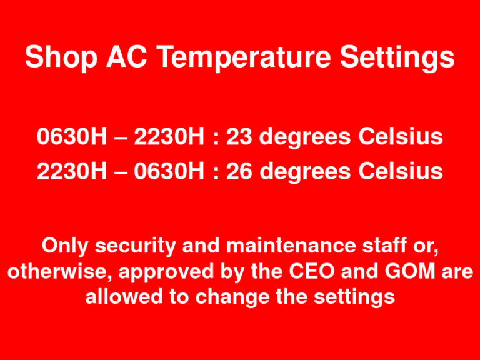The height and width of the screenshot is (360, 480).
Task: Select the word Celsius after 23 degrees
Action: click(x=401, y=137)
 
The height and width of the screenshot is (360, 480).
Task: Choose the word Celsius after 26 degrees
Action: click(x=401, y=171)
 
